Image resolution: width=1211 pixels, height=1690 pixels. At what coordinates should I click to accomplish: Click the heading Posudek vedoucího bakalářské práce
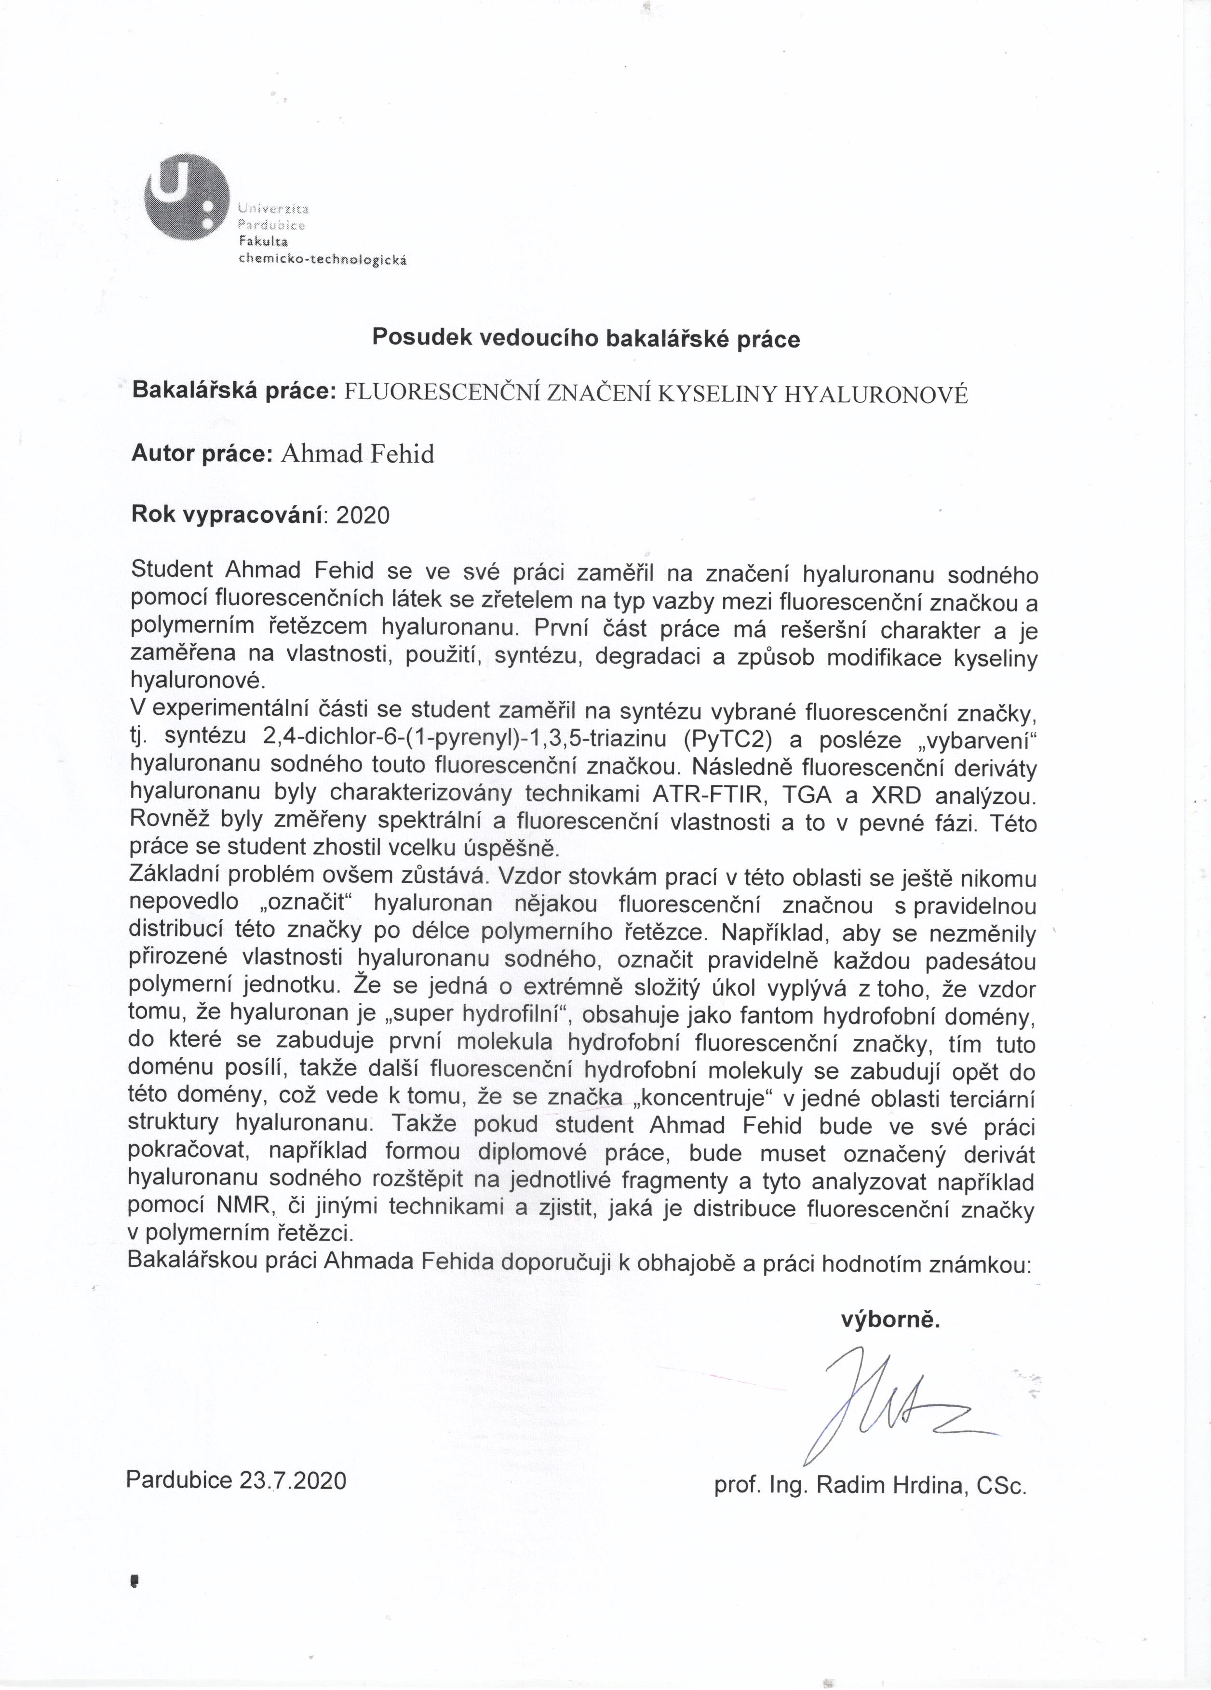[586, 339]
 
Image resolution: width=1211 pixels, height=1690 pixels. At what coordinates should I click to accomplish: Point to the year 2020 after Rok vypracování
[363, 515]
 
